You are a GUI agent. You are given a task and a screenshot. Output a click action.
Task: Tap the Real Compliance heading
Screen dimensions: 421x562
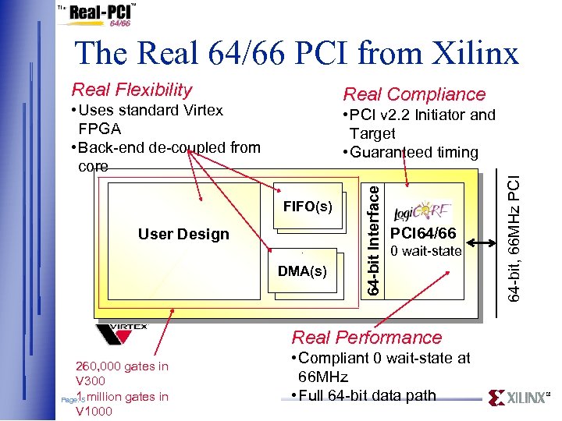[x=414, y=94]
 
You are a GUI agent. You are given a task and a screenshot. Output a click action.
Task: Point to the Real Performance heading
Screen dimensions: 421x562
[x=366, y=338]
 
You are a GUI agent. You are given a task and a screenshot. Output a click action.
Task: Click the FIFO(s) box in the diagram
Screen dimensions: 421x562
[x=308, y=207]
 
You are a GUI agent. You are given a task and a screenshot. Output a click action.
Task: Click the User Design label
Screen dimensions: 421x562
[x=183, y=234]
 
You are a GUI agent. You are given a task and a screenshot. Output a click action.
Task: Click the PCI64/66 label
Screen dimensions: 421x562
[x=422, y=234]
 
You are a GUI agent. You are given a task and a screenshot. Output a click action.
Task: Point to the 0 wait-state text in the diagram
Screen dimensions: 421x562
[x=425, y=251]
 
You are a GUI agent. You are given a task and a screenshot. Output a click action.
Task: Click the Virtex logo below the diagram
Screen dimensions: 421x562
[x=122, y=334]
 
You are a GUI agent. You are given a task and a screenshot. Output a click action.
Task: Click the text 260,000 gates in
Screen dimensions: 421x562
[x=121, y=366]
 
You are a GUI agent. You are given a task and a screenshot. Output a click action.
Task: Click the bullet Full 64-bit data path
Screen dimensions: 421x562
[x=367, y=395]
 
